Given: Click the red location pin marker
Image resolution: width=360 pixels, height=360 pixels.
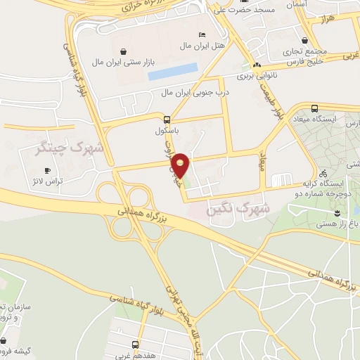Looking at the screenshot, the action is point(181,165).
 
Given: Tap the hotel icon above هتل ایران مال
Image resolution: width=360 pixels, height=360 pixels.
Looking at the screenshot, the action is point(202,34).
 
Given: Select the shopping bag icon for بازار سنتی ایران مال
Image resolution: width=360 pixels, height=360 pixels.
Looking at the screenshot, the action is point(124,51).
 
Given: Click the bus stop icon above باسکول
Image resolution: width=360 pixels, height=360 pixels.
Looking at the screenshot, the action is point(167,119).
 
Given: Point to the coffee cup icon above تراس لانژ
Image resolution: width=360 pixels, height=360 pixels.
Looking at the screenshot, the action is point(48,170).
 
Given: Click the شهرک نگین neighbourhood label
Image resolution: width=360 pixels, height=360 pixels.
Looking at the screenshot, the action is point(239,209).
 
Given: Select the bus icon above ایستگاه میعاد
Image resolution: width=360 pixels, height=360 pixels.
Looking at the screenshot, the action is point(314,109).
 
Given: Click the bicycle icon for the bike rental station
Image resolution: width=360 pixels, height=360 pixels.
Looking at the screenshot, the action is point(323,173).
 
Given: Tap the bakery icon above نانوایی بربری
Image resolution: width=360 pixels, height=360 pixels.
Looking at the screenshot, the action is point(256,61).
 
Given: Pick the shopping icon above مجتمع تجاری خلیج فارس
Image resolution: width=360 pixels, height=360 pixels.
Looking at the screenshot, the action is point(304,41).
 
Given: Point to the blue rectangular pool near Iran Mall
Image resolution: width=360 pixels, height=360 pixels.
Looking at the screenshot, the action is point(173,72).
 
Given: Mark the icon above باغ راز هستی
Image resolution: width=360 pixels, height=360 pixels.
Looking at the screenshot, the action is point(338,212).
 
